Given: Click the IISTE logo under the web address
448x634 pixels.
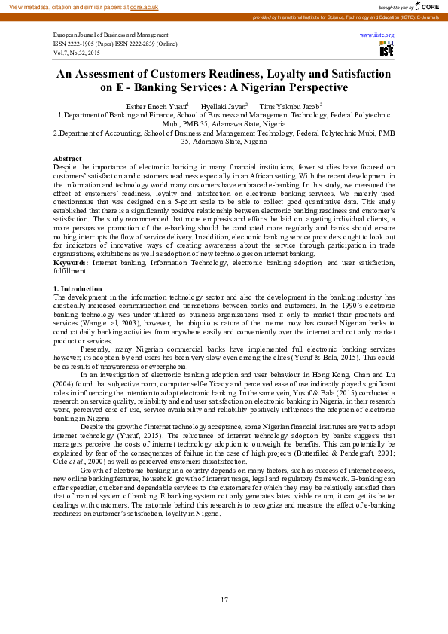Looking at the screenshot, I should pyautogui.click(x=386, y=50).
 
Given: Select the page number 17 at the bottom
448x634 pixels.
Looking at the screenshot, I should pyautogui.click(x=224, y=599).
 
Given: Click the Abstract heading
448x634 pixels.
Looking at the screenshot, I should pyautogui.click(x=68, y=159).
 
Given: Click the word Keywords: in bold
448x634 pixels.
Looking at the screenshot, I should pyautogui.click(x=71, y=262).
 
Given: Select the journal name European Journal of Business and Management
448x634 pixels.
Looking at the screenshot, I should pyautogui.click(x=111, y=35).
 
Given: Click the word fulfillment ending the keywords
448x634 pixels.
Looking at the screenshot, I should pyautogui.click(x=71, y=270).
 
